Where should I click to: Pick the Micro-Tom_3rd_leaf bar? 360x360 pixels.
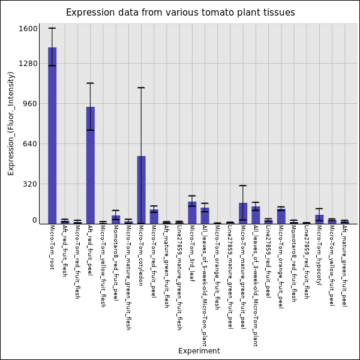[192, 212]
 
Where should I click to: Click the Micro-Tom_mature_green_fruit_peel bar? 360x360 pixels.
[243, 213]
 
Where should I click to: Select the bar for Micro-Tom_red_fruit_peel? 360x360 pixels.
[154, 217]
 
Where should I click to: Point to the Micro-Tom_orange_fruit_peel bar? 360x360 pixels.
[281, 216]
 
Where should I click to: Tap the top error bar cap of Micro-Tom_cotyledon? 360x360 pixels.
[141, 88]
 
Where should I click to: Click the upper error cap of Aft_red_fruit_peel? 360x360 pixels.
[90, 83]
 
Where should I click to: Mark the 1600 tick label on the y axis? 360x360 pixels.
[29, 28]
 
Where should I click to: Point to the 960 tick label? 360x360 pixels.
[31, 103]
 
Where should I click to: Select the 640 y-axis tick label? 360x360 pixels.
[31, 143]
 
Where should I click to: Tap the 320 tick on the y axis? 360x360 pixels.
[31, 184]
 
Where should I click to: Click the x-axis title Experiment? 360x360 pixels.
[199, 351]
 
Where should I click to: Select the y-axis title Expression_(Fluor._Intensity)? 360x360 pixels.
[11, 123]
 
